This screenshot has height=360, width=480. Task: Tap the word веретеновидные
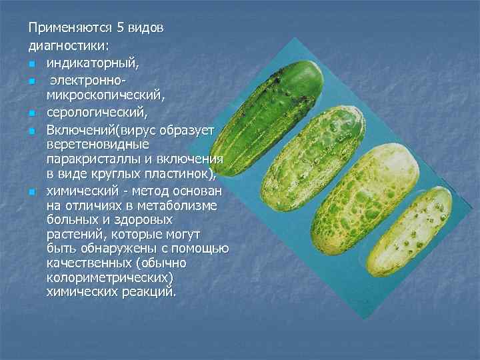coord(97,144)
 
